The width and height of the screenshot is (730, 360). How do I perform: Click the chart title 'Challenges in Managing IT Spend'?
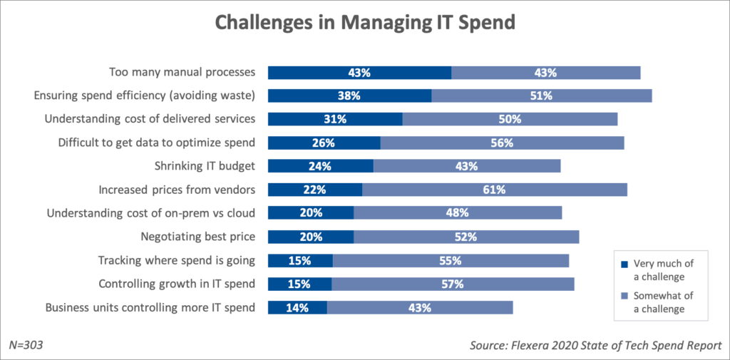tap(364, 23)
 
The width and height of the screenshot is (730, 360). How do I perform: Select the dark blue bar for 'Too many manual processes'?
tap(359, 72)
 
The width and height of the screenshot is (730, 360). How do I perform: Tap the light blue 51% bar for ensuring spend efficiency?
tap(542, 96)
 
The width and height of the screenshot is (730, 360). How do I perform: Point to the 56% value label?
tap(502, 143)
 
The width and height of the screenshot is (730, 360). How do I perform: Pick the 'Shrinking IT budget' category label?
tap(205, 166)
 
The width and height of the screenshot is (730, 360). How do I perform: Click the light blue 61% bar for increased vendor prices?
tap(495, 190)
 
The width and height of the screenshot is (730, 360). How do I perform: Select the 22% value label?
tap(314, 190)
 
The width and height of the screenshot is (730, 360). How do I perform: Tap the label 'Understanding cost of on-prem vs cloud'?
tap(150, 213)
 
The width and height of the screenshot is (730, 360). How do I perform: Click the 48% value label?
tap(457, 213)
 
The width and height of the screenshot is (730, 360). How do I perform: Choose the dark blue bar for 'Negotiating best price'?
tap(310, 237)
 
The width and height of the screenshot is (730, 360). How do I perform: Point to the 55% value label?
tap(451, 260)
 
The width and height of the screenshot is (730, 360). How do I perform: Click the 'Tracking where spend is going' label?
tap(177, 260)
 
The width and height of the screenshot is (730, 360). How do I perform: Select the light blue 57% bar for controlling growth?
tap(453, 284)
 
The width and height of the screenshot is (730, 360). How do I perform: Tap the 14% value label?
tap(297, 308)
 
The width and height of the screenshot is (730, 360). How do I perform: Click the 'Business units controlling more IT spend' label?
tap(150, 308)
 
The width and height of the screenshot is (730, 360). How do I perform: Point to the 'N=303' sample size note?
tap(27, 345)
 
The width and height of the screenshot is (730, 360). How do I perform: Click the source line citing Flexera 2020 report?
tap(595, 346)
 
